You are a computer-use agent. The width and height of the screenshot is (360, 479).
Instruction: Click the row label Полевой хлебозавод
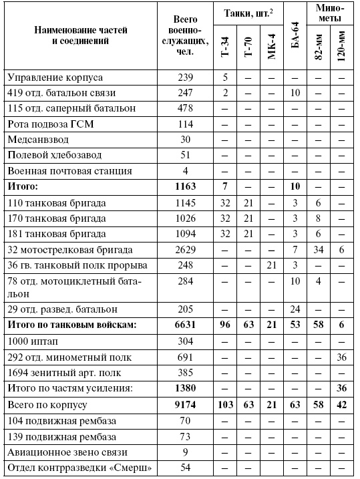[51, 155]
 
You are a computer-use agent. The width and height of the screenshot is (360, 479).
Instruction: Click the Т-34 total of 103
[225, 405]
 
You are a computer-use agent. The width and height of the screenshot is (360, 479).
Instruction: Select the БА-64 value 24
[295, 309]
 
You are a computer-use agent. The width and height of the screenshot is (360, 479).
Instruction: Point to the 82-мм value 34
[319, 250]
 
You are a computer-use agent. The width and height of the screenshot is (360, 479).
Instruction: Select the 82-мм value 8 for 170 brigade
[319, 218]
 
